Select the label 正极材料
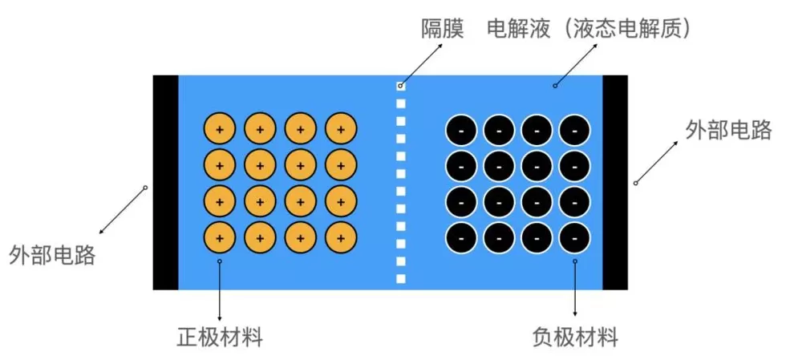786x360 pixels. [x=220, y=337]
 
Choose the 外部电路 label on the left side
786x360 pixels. [x=53, y=256]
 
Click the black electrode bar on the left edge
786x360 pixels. [x=165, y=182]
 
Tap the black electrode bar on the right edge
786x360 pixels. [x=614, y=182]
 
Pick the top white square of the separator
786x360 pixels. [x=401, y=85]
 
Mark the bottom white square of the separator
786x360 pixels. [x=401, y=278]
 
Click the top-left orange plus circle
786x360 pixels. [x=219, y=128]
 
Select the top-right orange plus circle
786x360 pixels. [x=341, y=128]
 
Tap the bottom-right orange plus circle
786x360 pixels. [x=341, y=237]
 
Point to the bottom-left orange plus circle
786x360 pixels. [x=219, y=237]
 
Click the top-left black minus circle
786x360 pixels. [x=461, y=129]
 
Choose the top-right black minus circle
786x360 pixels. [x=574, y=129]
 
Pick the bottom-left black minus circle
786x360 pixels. [x=461, y=237]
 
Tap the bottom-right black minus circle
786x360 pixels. [x=574, y=237]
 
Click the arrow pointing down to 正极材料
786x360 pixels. [x=220, y=289]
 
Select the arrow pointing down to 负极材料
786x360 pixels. [x=575, y=289]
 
